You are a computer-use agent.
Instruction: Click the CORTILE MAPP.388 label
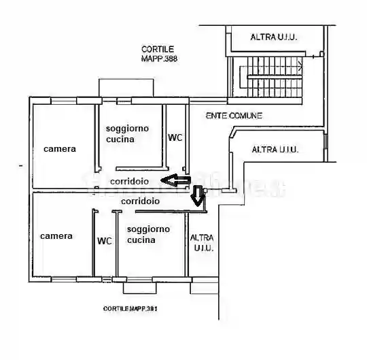[x=158, y=53]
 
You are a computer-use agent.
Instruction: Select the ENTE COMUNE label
[x=234, y=116]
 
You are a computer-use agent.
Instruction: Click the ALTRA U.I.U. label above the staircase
[x=275, y=37]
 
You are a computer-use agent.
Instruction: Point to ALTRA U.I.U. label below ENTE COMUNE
[x=275, y=149]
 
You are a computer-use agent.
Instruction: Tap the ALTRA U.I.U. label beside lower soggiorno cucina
[x=203, y=243]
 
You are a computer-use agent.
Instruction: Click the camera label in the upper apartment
[x=60, y=149]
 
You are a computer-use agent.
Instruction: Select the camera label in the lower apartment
[x=56, y=236]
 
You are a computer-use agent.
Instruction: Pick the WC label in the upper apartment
[x=175, y=137]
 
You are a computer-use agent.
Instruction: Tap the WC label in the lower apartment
[x=104, y=241]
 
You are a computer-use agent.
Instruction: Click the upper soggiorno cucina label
[x=126, y=133]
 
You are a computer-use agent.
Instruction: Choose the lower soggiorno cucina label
[x=148, y=234]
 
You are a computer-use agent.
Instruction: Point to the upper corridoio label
[x=130, y=182]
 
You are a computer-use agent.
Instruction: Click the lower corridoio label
[x=140, y=201]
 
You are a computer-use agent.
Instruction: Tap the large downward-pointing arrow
[x=197, y=196]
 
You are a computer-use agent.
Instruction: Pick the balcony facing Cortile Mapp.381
[x=139, y=286]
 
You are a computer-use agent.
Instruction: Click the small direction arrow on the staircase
[x=300, y=66]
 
